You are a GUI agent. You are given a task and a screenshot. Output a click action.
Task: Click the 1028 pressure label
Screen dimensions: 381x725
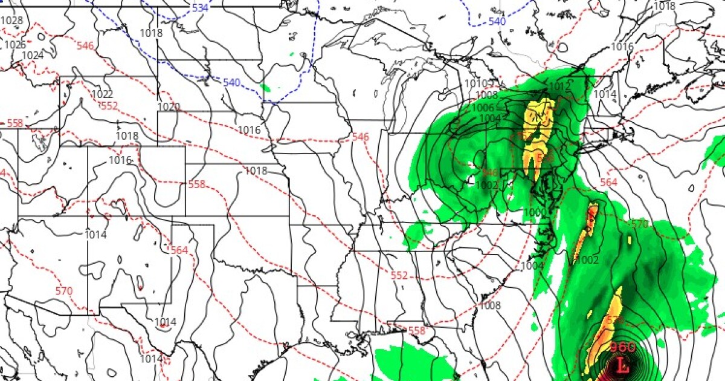click(x=11, y=21)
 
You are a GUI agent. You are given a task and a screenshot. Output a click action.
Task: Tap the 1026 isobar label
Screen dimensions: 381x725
click(x=15, y=45)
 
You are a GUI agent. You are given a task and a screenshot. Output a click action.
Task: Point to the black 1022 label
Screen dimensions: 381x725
click(x=102, y=94)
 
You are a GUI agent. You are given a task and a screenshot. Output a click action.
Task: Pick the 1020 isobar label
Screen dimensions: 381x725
click(x=169, y=107)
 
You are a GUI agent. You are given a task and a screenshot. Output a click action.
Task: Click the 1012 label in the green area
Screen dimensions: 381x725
click(x=559, y=87)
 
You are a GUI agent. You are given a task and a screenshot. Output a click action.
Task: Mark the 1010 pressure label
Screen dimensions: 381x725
click(x=475, y=83)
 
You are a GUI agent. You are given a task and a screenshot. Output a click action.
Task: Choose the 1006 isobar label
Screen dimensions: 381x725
click(x=483, y=108)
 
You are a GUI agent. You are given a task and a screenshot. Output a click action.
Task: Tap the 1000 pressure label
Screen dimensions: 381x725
click(x=534, y=212)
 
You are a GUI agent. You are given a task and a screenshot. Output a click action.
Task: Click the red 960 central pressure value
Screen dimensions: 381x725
click(x=622, y=347)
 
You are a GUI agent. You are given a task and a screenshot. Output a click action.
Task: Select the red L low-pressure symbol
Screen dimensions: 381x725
click(x=623, y=365)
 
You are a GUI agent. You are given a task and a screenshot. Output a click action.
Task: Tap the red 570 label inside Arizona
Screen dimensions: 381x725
click(x=63, y=291)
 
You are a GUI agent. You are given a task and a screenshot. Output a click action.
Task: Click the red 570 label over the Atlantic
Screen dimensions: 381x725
click(x=639, y=224)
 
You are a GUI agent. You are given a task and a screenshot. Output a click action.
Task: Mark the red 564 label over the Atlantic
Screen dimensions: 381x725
click(x=608, y=183)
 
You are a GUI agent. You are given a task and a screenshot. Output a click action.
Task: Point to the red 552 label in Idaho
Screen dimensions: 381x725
click(x=108, y=106)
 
